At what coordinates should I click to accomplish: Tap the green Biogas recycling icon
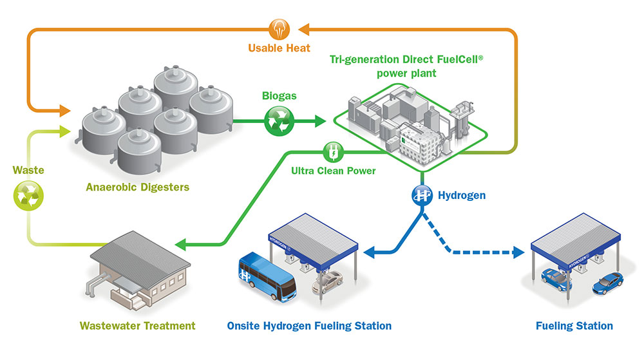pos(279,120)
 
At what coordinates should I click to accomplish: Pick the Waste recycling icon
pos(28,194)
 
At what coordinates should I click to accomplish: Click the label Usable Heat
pos(279,48)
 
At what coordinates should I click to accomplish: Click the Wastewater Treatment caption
pos(137,325)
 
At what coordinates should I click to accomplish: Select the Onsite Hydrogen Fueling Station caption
pos(309,325)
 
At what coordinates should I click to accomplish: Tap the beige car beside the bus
pos(327,282)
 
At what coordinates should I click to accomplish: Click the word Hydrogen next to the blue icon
pos(462,195)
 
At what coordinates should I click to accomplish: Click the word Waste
pos(28,170)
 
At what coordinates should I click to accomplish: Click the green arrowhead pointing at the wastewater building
pos(181,244)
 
